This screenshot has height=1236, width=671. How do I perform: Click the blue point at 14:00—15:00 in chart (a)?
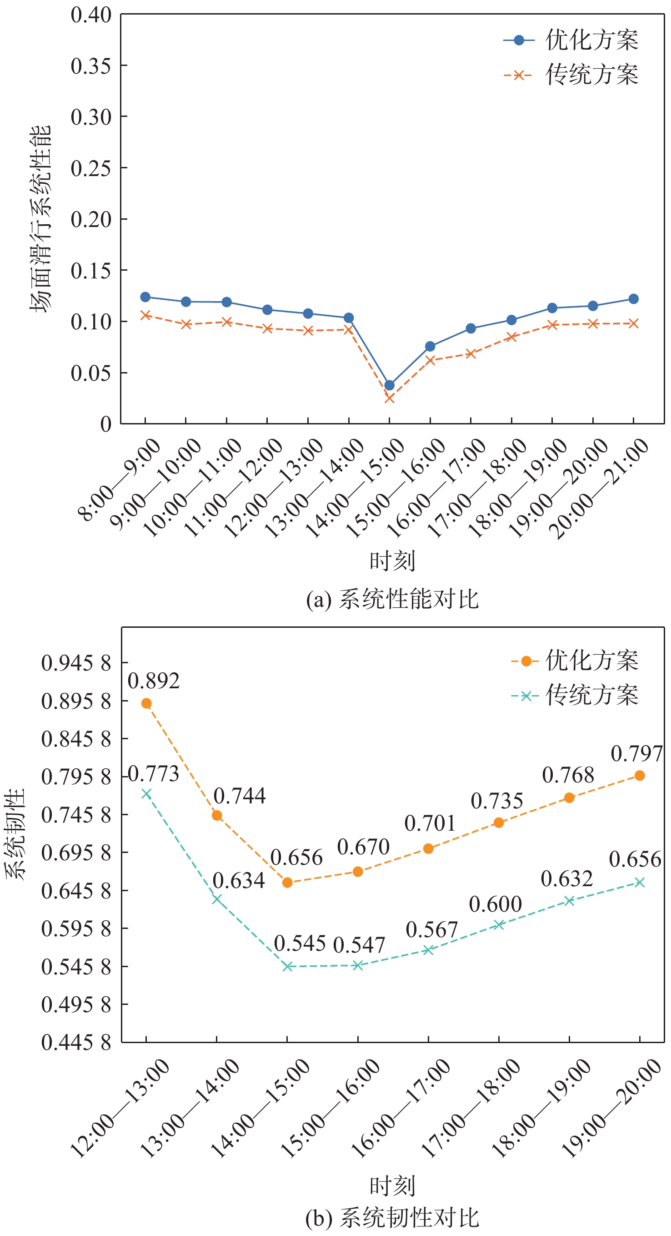(x=390, y=385)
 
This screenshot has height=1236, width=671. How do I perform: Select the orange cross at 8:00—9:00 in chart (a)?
(x=145, y=315)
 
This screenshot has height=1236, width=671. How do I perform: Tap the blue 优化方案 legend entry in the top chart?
(x=571, y=40)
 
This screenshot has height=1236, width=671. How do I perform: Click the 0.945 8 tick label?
(x=76, y=664)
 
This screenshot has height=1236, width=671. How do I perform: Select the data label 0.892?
(x=154, y=681)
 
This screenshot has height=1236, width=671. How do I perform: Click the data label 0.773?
(x=154, y=774)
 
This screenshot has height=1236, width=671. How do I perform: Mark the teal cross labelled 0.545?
(x=287, y=966)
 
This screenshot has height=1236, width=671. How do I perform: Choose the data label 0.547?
(x=359, y=945)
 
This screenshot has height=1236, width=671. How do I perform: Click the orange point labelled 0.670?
(x=358, y=872)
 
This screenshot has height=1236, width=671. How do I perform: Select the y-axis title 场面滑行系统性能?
(x=40, y=219)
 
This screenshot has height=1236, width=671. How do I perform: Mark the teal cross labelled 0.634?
(x=217, y=899)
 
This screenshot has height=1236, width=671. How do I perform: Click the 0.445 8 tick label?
(x=76, y=1043)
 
